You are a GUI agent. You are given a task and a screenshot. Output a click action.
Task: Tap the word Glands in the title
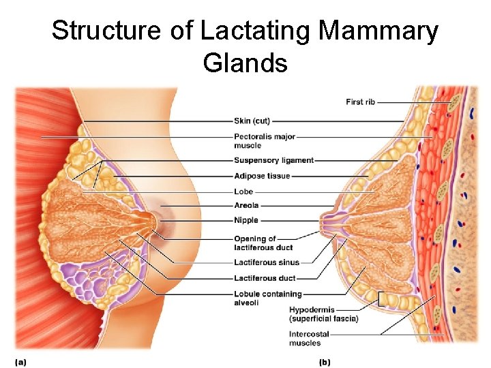click(245, 63)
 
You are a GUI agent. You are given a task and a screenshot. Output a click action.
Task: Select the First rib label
click(360, 102)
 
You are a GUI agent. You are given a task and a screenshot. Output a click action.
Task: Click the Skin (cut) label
click(252, 121)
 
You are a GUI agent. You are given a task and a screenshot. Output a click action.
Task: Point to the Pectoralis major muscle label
click(264, 140)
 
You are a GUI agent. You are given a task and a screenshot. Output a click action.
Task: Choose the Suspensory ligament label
click(273, 161)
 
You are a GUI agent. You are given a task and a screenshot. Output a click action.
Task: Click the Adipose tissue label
click(261, 177)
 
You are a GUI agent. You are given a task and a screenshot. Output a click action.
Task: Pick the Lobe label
click(243, 192)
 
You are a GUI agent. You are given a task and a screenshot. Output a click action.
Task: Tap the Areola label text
click(247, 205)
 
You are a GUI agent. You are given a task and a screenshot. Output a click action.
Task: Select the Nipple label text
click(246, 221)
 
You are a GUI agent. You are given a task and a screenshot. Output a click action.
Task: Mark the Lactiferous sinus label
click(266, 262)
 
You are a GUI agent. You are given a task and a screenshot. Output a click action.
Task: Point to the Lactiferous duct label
click(265, 278)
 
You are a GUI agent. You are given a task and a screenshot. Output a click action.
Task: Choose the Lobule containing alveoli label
click(267, 298)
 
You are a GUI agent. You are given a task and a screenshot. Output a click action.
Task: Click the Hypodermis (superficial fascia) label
click(323, 314)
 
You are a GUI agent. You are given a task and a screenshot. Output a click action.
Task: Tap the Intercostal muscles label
click(309, 339)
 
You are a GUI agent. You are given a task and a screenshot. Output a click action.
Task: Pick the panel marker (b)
click(325, 362)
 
